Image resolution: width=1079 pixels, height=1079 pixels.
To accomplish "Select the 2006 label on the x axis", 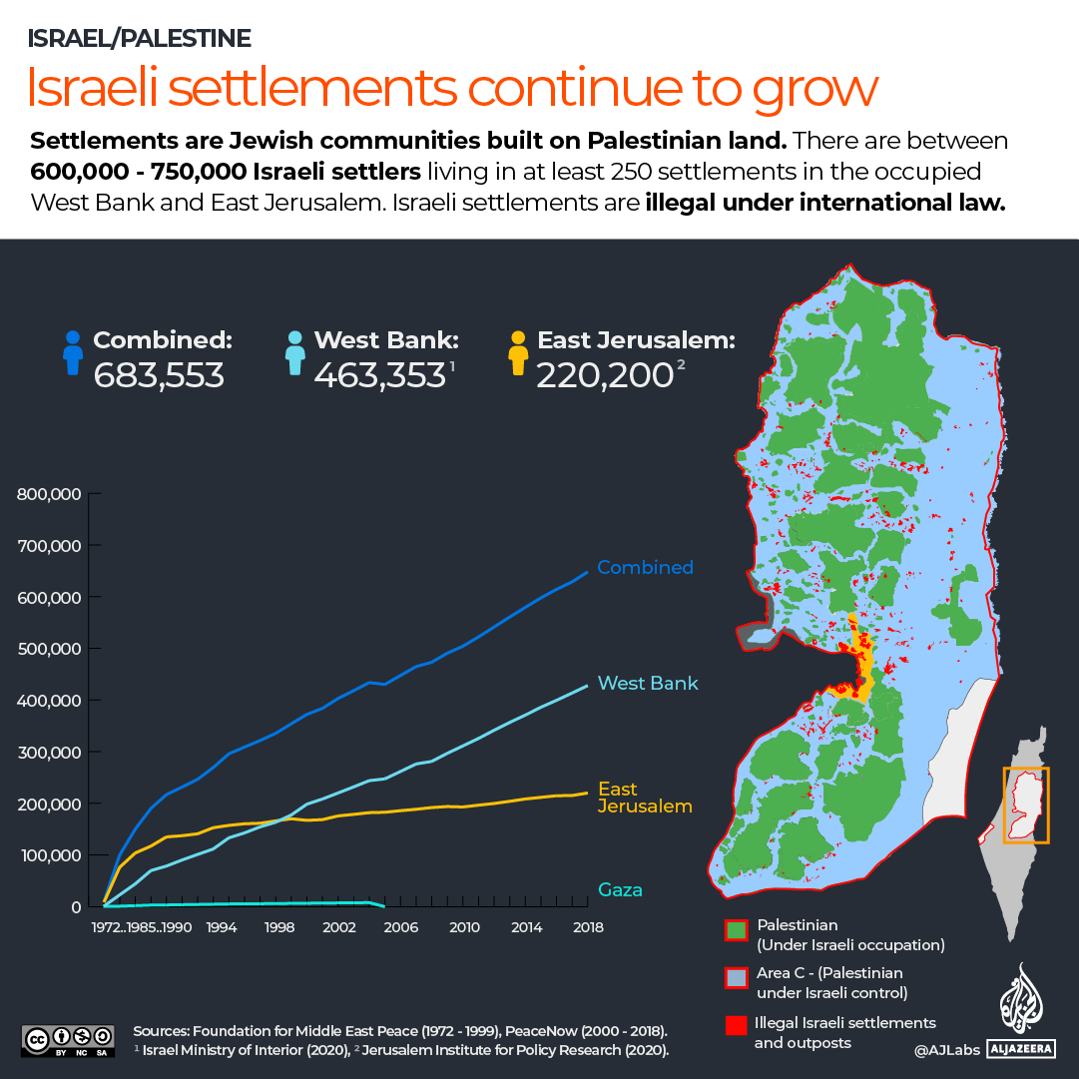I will [x=402, y=927].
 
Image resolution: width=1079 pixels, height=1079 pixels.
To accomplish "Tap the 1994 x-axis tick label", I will [x=222, y=927].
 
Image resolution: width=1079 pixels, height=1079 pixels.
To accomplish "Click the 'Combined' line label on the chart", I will [x=645, y=567].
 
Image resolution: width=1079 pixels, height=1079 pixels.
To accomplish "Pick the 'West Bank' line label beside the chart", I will [x=648, y=684].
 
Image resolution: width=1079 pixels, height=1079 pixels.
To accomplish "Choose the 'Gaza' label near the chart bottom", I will [x=620, y=889].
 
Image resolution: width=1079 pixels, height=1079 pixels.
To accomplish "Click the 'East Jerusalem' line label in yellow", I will [x=645, y=797].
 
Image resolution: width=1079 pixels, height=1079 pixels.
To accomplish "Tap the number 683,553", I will [x=159, y=375].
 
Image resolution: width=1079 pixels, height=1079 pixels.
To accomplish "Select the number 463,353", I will [x=379, y=375].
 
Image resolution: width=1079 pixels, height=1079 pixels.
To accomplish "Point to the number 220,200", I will [x=604, y=375].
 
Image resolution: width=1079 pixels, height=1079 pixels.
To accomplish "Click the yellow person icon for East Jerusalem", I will [x=517, y=354].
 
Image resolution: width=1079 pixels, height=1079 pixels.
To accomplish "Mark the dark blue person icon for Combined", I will [x=72, y=354].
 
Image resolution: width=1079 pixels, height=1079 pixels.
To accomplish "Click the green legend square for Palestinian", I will [x=736, y=931].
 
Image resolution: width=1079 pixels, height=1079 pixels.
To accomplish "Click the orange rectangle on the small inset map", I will [x=1026, y=806].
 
